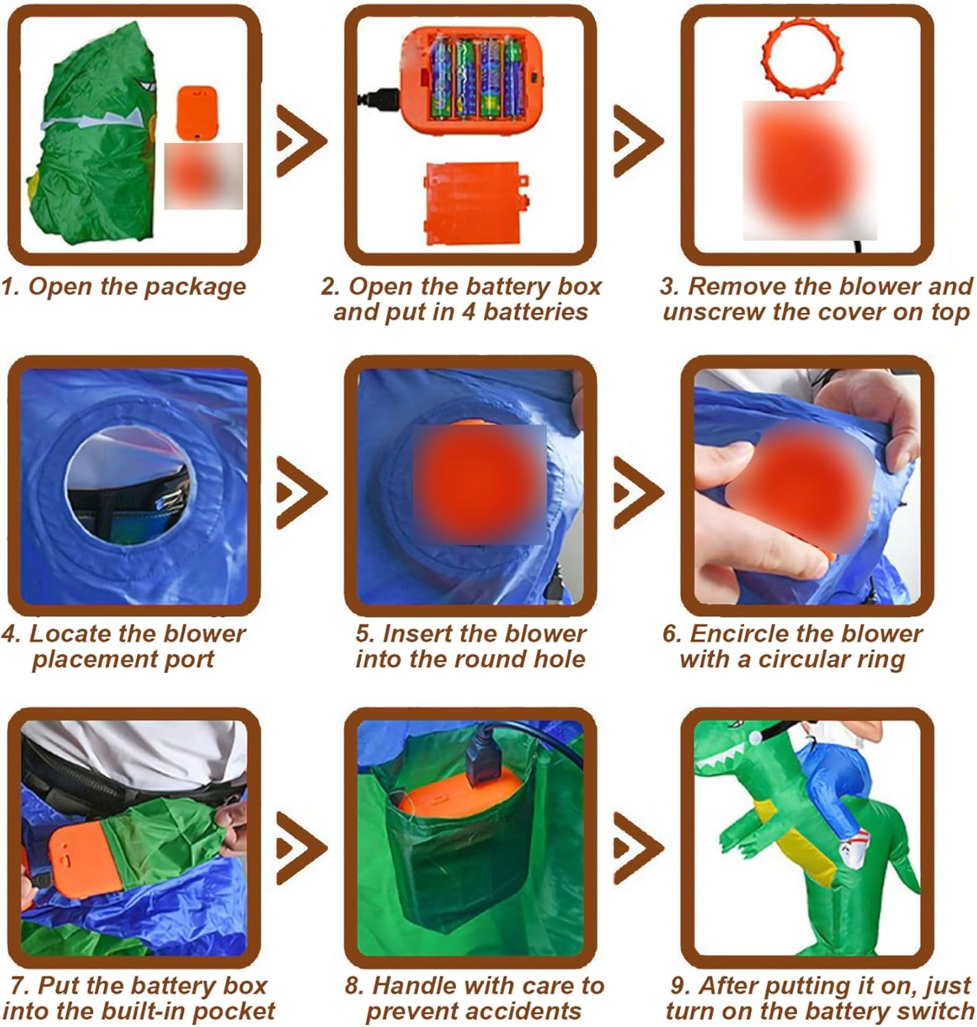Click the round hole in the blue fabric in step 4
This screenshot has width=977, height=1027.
(130, 485)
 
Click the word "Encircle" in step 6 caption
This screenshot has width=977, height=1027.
(742, 634)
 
